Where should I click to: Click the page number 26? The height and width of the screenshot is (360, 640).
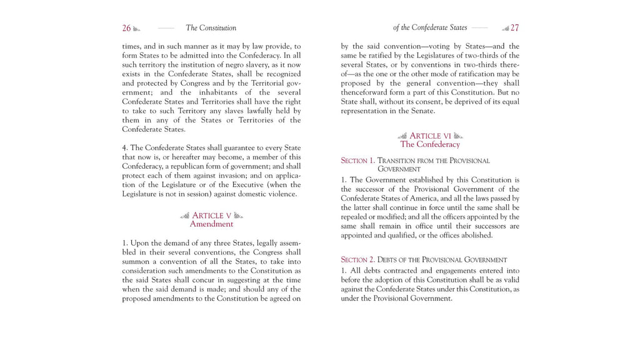[x=126, y=28]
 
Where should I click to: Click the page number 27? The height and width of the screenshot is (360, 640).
[x=514, y=28]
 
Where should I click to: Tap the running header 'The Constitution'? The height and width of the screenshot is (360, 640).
[x=211, y=28]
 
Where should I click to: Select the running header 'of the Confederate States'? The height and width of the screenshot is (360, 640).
[x=430, y=27]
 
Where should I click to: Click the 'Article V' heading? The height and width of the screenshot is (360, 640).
[x=212, y=216]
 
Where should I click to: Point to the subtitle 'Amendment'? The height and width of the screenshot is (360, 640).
[x=211, y=224]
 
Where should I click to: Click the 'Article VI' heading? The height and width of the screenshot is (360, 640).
[x=430, y=136]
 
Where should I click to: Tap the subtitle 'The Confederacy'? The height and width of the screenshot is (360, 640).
[x=430, y=144]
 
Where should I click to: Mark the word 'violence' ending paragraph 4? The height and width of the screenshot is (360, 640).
[x=282, y=194]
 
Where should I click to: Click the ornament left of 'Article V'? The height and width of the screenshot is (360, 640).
[x=184, y=216]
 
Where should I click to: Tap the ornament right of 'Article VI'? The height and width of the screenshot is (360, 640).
[x=458, y=136]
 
